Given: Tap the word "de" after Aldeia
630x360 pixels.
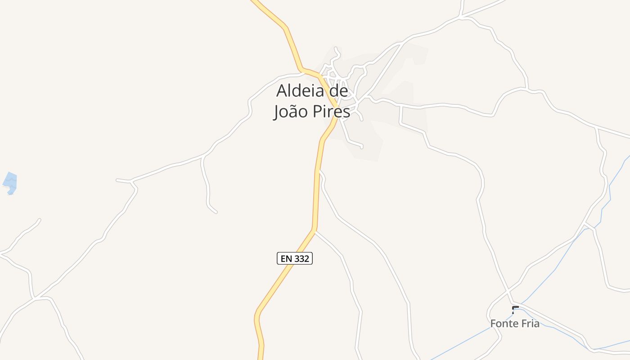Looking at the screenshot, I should tap(337, 91).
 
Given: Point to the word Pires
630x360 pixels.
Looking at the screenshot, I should tap(331, 112).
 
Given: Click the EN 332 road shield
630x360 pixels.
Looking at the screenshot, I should tap(294, 258).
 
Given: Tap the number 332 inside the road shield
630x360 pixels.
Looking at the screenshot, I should tap(301, 258).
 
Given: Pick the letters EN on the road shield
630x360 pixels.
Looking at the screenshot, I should tap(286, 258).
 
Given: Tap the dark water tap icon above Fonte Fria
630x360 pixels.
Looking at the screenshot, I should tap(515, 310).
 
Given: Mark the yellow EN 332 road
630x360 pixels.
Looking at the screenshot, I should tap(315, 193).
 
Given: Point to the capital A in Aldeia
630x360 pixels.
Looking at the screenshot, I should tap(282, 91).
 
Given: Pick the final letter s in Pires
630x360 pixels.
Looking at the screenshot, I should tap(346, 112).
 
